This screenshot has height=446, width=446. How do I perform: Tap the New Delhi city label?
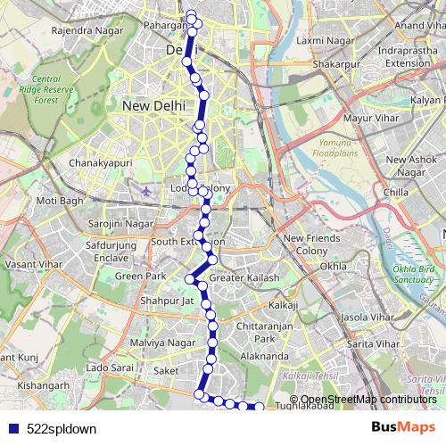coord(153,105)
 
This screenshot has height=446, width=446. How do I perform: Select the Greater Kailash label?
coord(244,278)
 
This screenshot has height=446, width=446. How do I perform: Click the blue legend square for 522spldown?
coord(11,428)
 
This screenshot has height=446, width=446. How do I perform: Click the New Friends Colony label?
coord(312,244)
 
